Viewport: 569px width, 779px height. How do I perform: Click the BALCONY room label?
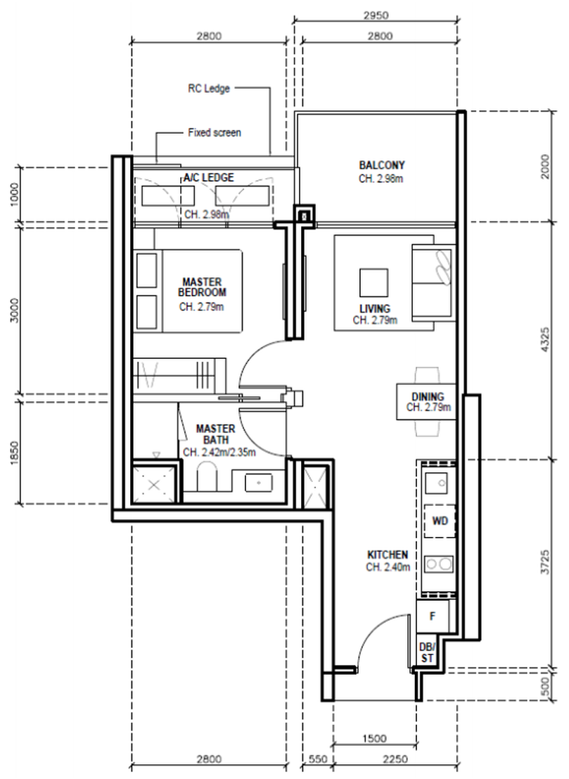click(382, 165)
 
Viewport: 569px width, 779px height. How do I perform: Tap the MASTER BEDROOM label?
click(202, 287)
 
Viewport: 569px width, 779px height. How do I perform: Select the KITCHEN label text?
click(388, 555)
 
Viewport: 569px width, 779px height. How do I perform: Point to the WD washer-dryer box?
click(440, 521)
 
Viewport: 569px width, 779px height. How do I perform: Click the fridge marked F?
click(433, 616)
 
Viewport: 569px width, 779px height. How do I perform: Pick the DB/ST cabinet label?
click(426, 653)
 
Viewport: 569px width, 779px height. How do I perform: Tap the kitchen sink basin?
click(436, 482)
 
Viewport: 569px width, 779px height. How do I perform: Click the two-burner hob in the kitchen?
click(439, 564)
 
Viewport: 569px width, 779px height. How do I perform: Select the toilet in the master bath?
click(206, 477)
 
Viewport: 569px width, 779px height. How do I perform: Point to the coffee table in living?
click(374, 283)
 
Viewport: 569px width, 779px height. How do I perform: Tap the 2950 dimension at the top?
click(376, 15)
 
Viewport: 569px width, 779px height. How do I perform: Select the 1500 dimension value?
click(375, 739)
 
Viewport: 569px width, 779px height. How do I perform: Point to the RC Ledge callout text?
click(208, 89)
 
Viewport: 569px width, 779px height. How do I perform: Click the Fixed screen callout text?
click(215, 133)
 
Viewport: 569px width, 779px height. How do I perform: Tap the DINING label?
click(428, 396)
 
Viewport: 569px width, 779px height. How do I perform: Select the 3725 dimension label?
click(545, 562)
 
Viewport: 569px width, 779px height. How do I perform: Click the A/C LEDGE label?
click(208, 177)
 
